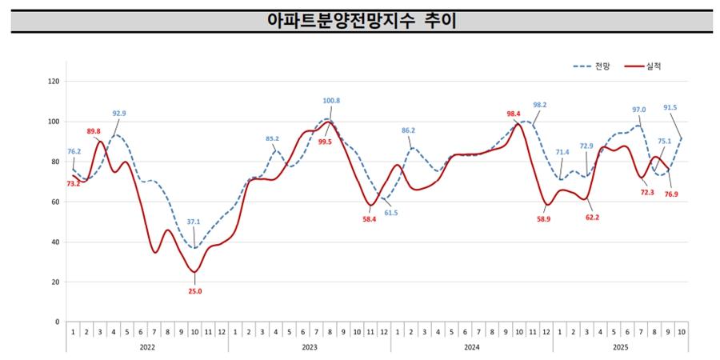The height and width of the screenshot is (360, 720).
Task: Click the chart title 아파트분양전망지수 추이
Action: point(362,21)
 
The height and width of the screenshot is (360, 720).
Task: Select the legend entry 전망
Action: point(602,66)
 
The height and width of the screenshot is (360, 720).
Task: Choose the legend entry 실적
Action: point(653,66)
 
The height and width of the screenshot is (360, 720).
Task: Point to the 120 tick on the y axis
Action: point(54,82)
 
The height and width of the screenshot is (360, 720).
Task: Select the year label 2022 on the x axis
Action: point(146,347)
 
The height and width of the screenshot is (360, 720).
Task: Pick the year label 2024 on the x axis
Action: point(471,347)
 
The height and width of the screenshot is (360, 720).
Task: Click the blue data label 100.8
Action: point(331,101)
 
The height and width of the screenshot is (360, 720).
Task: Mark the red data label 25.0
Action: point(194,292)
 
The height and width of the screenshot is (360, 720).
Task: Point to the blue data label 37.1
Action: point(194,222)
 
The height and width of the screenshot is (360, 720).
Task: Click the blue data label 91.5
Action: point(670,107)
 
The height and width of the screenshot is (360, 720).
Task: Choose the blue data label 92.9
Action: point(119,114)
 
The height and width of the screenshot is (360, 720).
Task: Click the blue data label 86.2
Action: point(408,130)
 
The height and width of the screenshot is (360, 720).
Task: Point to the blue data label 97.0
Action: point(638,110)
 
